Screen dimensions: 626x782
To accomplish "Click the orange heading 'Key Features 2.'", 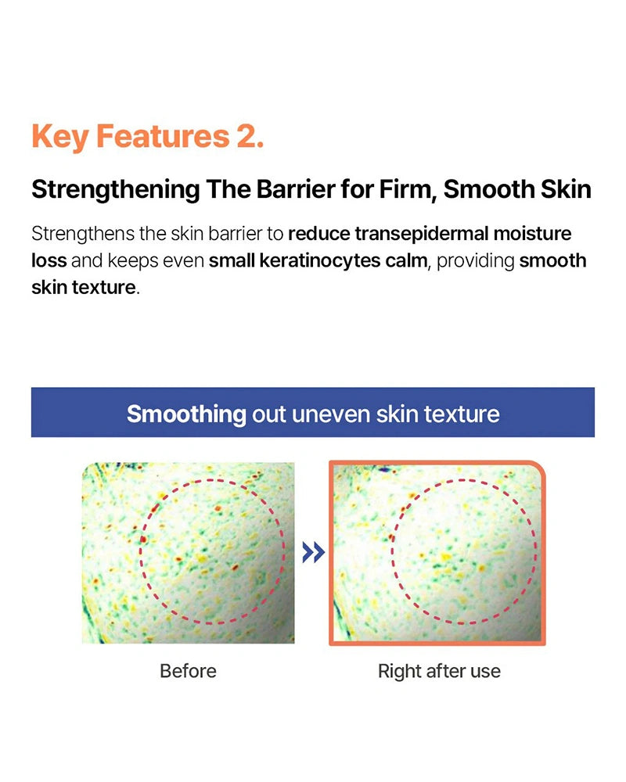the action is pos(147,136).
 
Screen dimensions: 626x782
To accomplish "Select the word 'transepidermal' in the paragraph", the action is pos(421,234).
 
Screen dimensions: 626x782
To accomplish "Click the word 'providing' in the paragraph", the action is pos(475,261).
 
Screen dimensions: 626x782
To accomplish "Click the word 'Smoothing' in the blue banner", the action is pos(186,414).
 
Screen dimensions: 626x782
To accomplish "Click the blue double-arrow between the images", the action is pos(314,553).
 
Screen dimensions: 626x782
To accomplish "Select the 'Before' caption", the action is pos(189,671).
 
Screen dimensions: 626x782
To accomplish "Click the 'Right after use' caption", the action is pos(439,671).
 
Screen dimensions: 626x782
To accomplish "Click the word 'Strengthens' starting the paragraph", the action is pos(83,234).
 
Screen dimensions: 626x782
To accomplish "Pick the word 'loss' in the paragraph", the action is pos(49,261).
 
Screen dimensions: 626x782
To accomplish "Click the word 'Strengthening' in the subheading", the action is pos(115,190).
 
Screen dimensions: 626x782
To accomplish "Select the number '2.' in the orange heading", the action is pos(250,136).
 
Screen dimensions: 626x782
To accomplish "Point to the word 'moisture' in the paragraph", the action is pos(532,234).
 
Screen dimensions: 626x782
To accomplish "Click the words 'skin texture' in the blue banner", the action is pos(437,414).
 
